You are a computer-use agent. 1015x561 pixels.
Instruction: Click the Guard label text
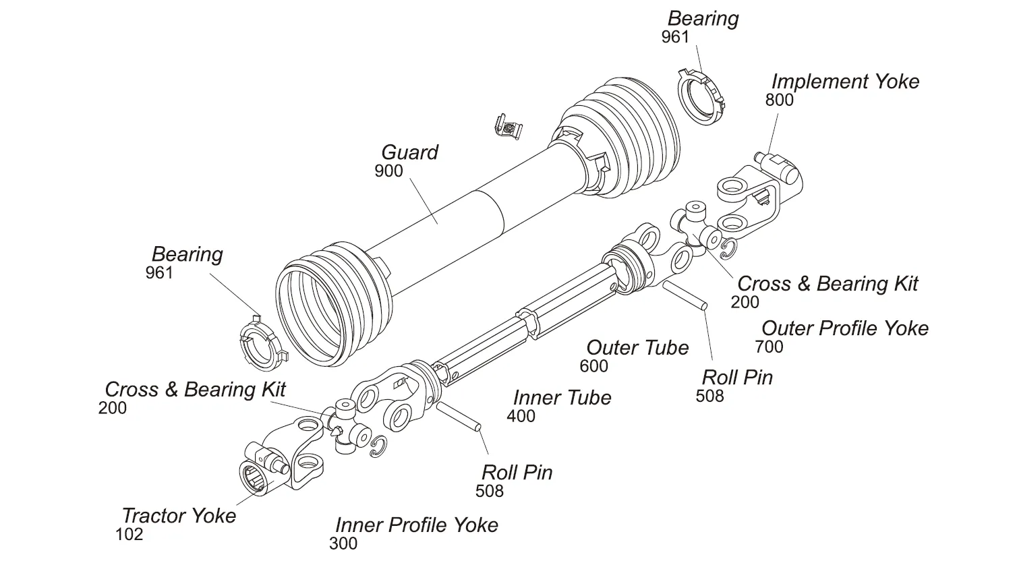(409, 152)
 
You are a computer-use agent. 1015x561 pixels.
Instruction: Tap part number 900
(388, 171)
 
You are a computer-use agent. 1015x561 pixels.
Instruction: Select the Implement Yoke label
(845, 82)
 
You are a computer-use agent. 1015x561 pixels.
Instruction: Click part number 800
(779, 100)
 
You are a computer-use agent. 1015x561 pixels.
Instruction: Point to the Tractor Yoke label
(179, 516)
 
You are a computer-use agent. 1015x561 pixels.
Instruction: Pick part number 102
(129, 535)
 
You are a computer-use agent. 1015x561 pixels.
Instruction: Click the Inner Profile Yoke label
(417, 525)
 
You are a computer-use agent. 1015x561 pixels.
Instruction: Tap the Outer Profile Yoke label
(844, 328)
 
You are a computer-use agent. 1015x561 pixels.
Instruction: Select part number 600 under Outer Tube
(593, 366)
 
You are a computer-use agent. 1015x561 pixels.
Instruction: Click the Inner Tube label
(562, 398)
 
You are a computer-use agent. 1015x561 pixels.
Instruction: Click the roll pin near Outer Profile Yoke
(685, 296)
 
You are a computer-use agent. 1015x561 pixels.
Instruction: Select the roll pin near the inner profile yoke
(457, 416)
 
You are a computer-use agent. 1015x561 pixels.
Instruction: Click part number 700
(769, 347)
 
